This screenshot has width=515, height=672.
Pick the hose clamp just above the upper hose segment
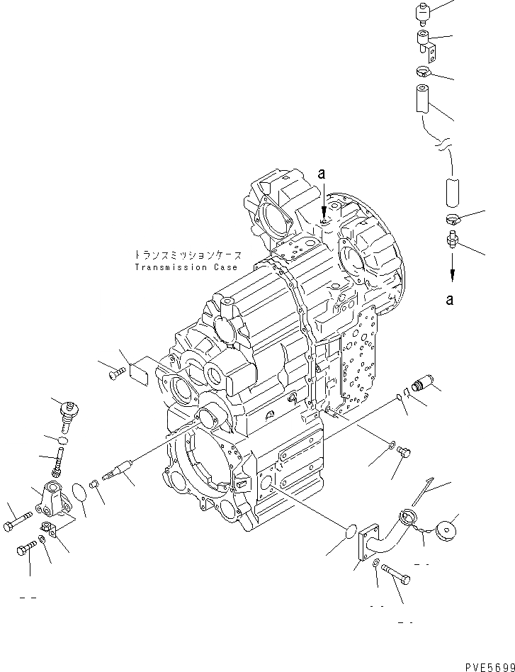coord(424,70)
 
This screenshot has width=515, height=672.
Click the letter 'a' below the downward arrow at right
coord(450,300)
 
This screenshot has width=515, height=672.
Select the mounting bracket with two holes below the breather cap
coord(425,43)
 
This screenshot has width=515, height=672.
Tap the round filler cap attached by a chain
coord(447,531)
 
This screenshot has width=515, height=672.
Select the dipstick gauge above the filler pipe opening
coord(425,496)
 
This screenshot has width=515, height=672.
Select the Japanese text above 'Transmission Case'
coord(188,254)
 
